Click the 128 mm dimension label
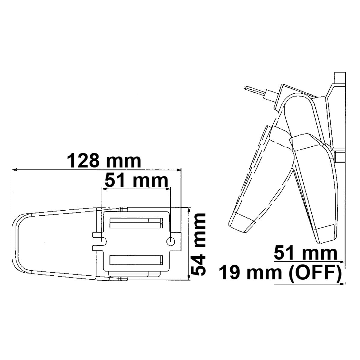pos(104,161)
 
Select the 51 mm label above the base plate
pos(136,181)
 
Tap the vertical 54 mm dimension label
pos(199,244)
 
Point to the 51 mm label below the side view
pos(306,253)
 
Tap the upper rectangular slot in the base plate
pos(136,223)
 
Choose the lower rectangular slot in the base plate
pos(136,260)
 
